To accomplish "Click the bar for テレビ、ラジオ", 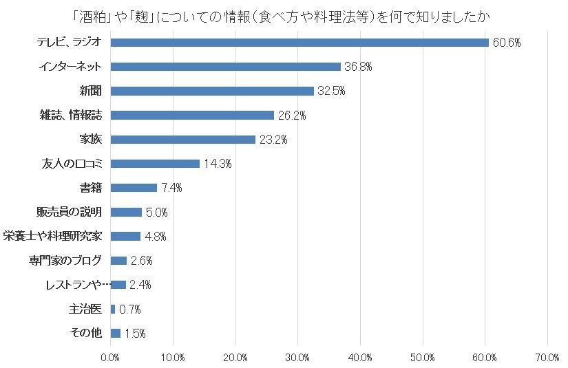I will pyautogui.click(x=299, y=43).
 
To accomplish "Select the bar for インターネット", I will pyautogui.click(x=225, y=67).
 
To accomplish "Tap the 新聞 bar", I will pyautogui.click(x=211, y=91).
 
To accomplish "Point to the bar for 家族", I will pyautogui.click(x=182, y=140).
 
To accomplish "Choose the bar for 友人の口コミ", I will pyautogui.click(x=155, y=164).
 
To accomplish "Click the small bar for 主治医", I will pyautogui.click(x=113, y=309).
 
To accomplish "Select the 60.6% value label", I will pyautogui.click(x=505, y=43).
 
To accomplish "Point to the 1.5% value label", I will pyautogui.click(x=135, y=334).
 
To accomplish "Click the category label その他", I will pyautogui.click(x=86, y=333).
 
